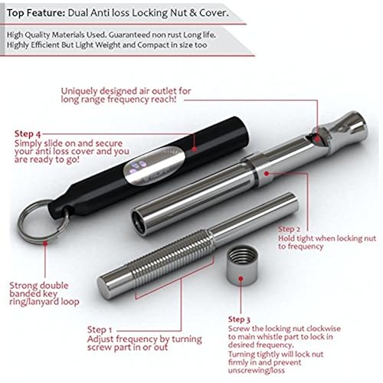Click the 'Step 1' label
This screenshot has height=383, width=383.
100,330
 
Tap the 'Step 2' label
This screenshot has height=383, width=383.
289,229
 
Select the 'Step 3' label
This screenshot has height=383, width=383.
239,319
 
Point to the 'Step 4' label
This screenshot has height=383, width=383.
28,134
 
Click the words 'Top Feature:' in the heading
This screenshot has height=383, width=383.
36,13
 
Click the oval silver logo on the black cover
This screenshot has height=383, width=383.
154,165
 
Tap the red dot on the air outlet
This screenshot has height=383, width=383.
317,139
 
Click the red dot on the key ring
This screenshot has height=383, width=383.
45,243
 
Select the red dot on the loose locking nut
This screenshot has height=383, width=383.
241,278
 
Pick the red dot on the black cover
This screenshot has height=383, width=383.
195,149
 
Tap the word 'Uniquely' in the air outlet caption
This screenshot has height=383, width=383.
80,91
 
